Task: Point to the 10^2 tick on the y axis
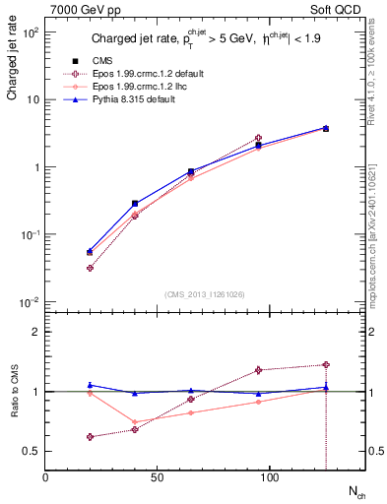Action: coord(31,32)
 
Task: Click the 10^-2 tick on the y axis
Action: coord(31,301)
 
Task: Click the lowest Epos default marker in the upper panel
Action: coord(91,268)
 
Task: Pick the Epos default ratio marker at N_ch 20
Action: coord(91,437)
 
